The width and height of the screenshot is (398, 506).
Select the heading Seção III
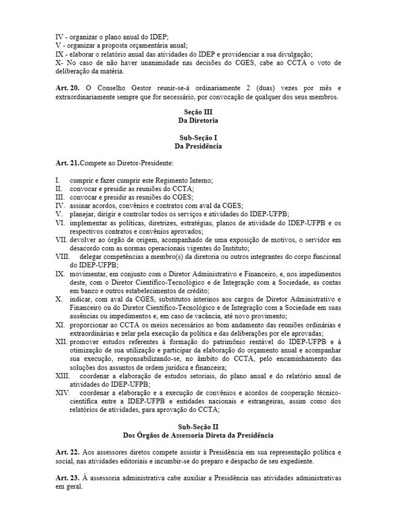[198, 113]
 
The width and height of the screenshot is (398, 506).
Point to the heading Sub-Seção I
[198, 138]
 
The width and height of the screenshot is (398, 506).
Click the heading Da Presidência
[198, 146]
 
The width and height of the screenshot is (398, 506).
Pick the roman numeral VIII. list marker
[64, 274]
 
